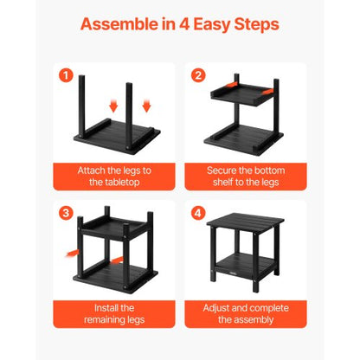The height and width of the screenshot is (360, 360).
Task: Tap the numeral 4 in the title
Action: click(x=173, y=24)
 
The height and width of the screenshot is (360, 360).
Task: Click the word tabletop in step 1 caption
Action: click(x=112, y=183)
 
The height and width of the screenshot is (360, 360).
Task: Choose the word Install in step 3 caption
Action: click(x=94, y=307)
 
